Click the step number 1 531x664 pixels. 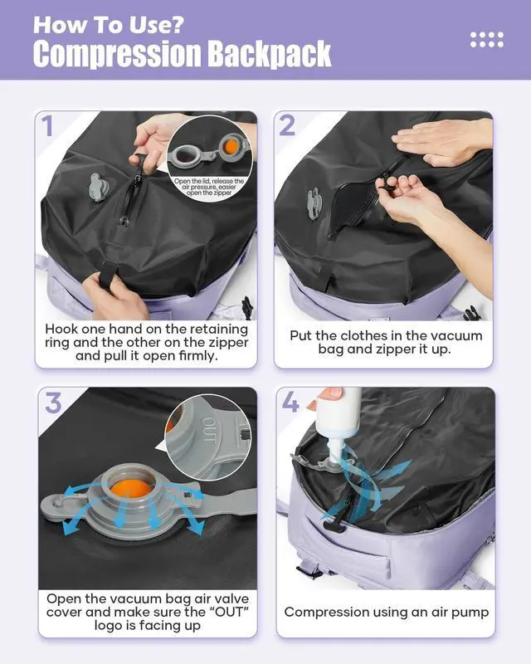tap(47, 126)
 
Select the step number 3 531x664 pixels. tap(53, 404)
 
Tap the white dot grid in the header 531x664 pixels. tap(486, 38)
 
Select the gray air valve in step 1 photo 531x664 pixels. tap(98, 187)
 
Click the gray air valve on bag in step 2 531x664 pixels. tap(314, 202)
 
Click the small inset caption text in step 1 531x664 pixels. tap(208, 188)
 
